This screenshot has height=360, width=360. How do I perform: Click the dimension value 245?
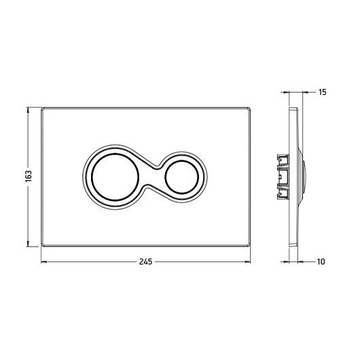point(145,262)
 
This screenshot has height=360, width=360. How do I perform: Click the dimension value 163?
point(29,177)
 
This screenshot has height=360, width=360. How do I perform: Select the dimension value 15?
point(323,92)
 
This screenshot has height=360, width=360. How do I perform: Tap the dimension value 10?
point(321,262)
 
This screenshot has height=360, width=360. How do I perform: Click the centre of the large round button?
point(115,177)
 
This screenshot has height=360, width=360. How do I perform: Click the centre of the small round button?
point(181,177)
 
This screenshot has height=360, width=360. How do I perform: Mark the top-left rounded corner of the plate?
point(43,109)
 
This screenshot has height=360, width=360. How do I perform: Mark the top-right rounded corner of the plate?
point(249,109)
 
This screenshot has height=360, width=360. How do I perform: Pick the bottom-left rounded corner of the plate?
point(43,245)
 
